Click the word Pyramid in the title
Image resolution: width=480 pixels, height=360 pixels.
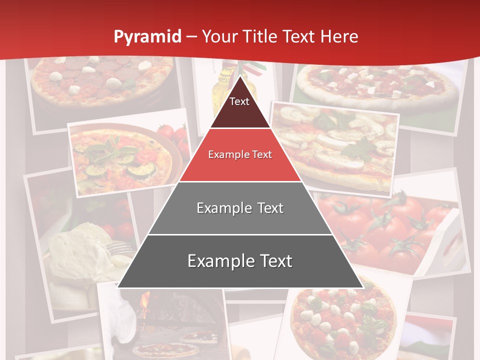click(147, 37)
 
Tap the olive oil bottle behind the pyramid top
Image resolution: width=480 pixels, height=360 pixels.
click(220, 90)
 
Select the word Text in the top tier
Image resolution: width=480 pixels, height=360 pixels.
click(239, 101)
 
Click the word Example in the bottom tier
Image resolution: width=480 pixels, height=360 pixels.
click(218, 261)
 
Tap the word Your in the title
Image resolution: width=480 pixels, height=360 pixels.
click(219, 36)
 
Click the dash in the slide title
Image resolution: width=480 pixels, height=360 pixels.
click(191, 37)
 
